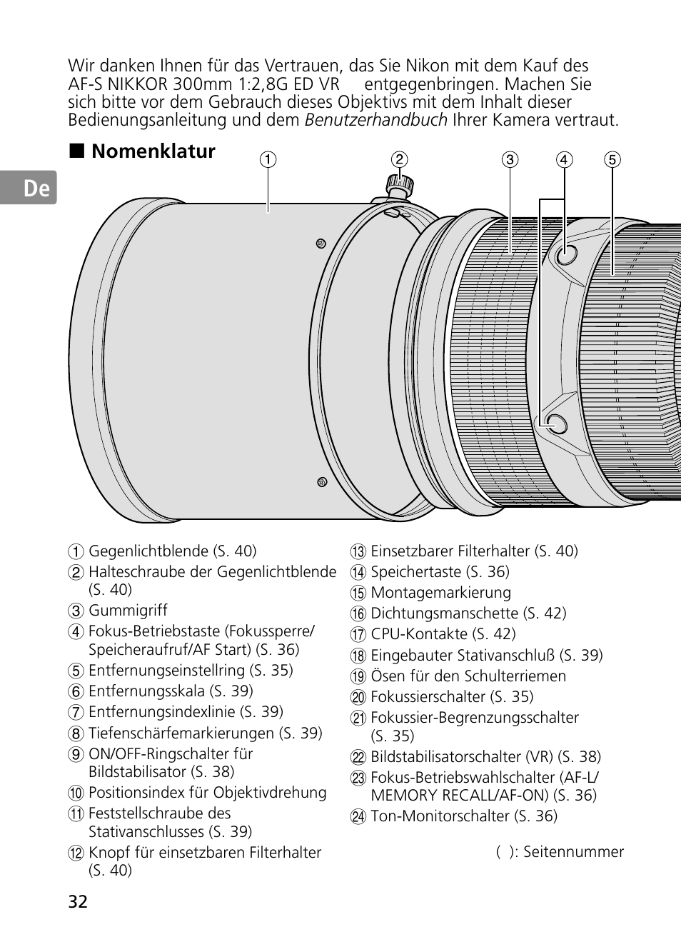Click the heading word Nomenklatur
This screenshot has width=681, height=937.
[x=153, y=151]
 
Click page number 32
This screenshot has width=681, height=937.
[x=78, y=901]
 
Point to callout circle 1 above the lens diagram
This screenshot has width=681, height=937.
[x=268, y=160]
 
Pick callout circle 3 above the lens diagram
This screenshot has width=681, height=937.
[x=510, y=160]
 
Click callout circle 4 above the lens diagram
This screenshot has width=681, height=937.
[x=565, y=160]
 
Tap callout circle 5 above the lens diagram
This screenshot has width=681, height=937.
[x=612, y=160]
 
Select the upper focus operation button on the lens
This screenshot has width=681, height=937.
[x=566, y=253]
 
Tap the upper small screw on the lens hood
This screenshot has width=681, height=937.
[x=321, y=244]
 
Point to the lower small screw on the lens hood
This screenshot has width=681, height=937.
[x=322, y=482]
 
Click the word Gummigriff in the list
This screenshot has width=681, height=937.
[x=128, y=611]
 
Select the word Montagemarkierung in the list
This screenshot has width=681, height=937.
[x=440, y=593]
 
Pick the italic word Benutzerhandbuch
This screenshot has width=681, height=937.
[x=375, y=120]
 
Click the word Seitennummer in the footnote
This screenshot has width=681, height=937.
[x=573, y=852]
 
